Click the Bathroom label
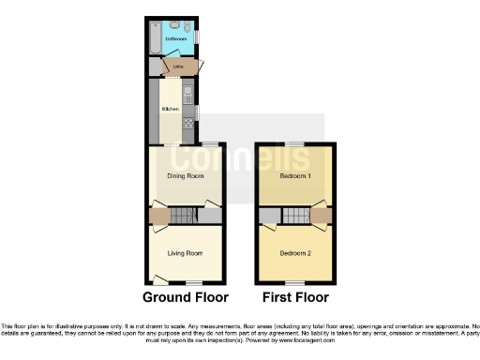click(x=174, y=39)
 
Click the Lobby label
click(x=177, y=67)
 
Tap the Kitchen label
click(x=171, y=110)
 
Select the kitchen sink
click(x=187, y=94)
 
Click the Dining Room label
click(x=185, y=176)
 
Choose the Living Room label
click(x=185, y=252)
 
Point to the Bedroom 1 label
click(x=295, y=176)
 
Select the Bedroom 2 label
click(x=295, y=252)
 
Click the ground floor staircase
click(x=185, y=217)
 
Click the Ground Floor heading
click(x=186, y=298)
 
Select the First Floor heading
click(x=295, y=298)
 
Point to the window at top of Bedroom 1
click(x=295, y=143)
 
